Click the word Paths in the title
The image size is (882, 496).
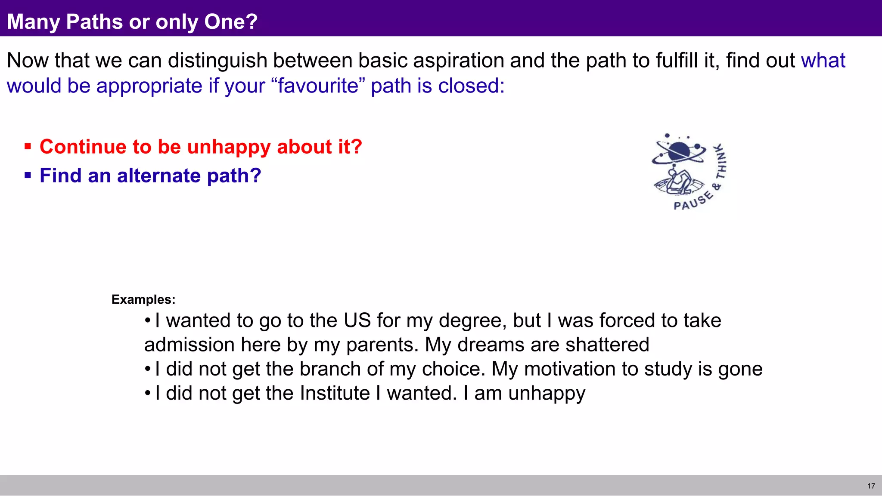pyautogui.click(x=94, y=22)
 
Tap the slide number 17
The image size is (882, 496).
pyautogui.click(x=871, y=486)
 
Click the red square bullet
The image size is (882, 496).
pyautogui.click(x=28, y=147)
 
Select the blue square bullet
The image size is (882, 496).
pyautogui.click(x=28, y=176)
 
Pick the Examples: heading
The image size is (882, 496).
pyautogui.click(x=143, y=299)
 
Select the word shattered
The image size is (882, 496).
pyautogui.click(x=607, y=345)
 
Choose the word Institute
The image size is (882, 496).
pyautogui.click(x=335, y=393)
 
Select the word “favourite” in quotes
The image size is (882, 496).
pyautogui.click(x=318, y=86)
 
